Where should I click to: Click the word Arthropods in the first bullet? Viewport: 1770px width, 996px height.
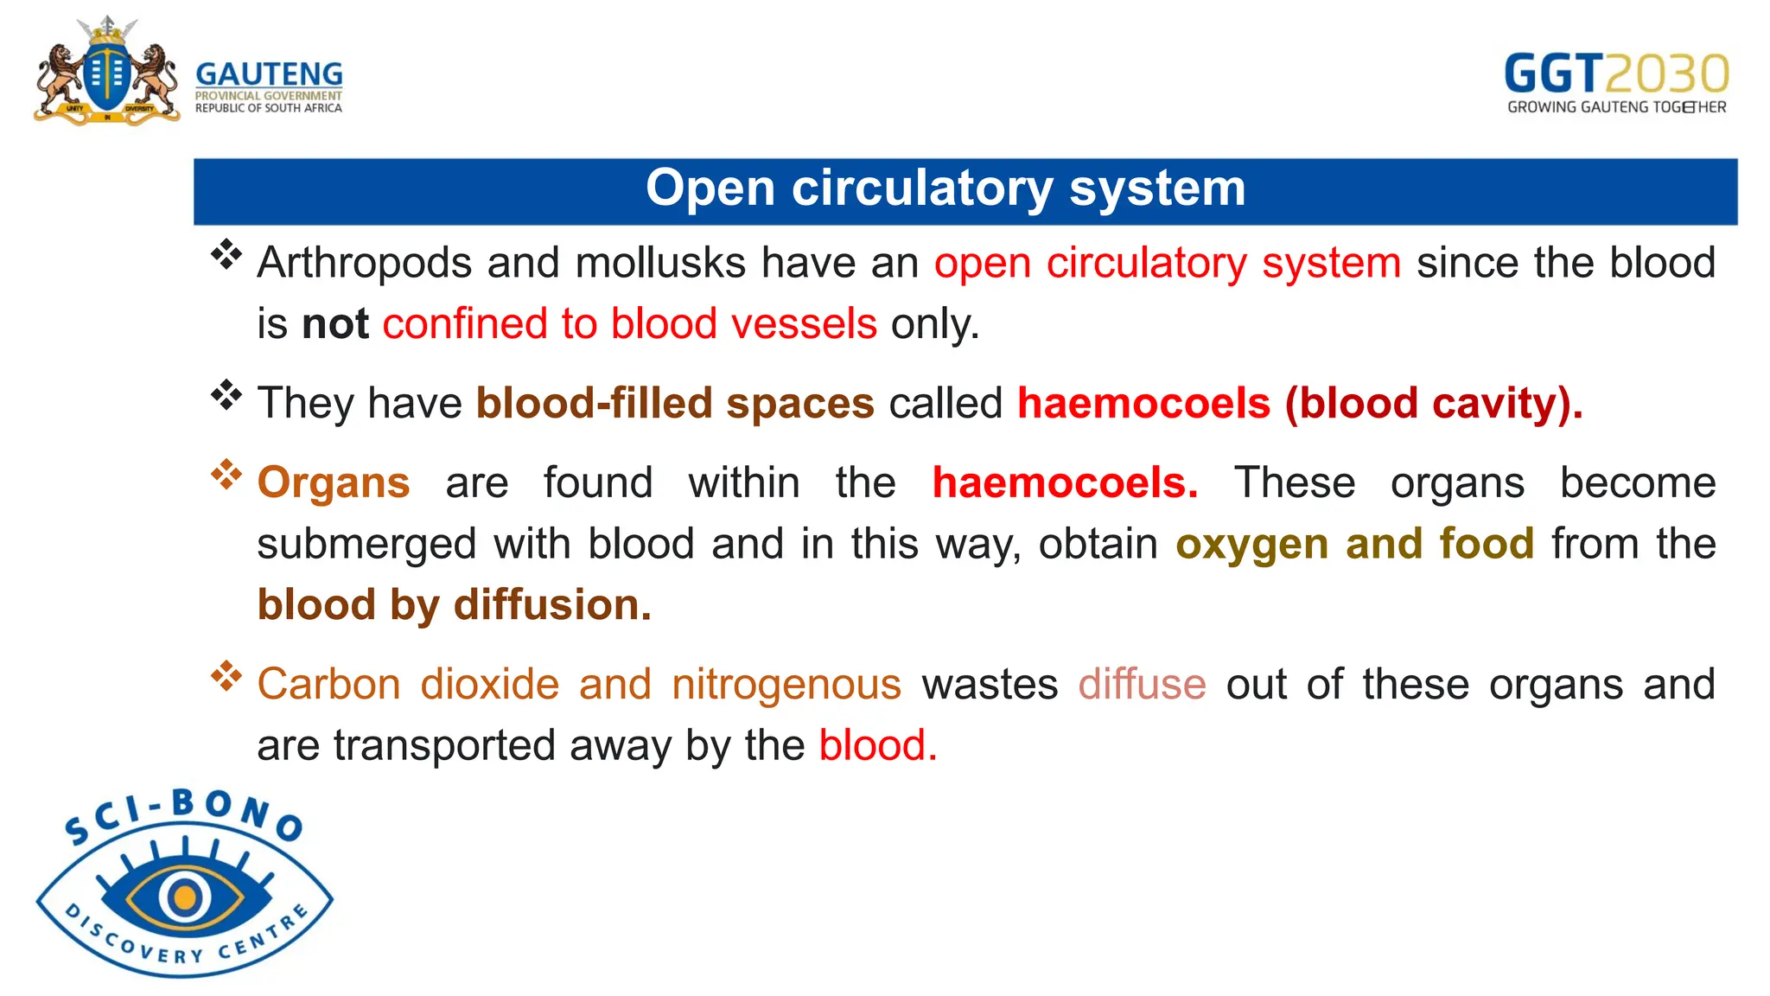[364, 263]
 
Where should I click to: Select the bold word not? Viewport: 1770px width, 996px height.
[335, 324]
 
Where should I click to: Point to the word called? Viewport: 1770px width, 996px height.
[945, 404]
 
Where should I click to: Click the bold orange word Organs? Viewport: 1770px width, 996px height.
[334, 482]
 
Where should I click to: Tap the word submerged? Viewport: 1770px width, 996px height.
[366, 545]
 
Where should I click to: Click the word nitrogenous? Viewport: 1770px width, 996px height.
[786, 685]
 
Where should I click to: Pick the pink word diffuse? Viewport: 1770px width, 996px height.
[1142, 685]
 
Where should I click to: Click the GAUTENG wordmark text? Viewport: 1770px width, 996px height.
[269, 74]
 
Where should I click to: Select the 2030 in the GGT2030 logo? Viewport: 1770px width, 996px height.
[1667, 73]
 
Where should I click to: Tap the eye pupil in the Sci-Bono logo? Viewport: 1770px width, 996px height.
[184, 897]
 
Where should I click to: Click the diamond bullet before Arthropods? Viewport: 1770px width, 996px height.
[226, 255]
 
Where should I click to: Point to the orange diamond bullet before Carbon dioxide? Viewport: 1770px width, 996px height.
[226, 676]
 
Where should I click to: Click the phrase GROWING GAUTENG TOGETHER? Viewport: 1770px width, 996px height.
[1616, 107]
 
